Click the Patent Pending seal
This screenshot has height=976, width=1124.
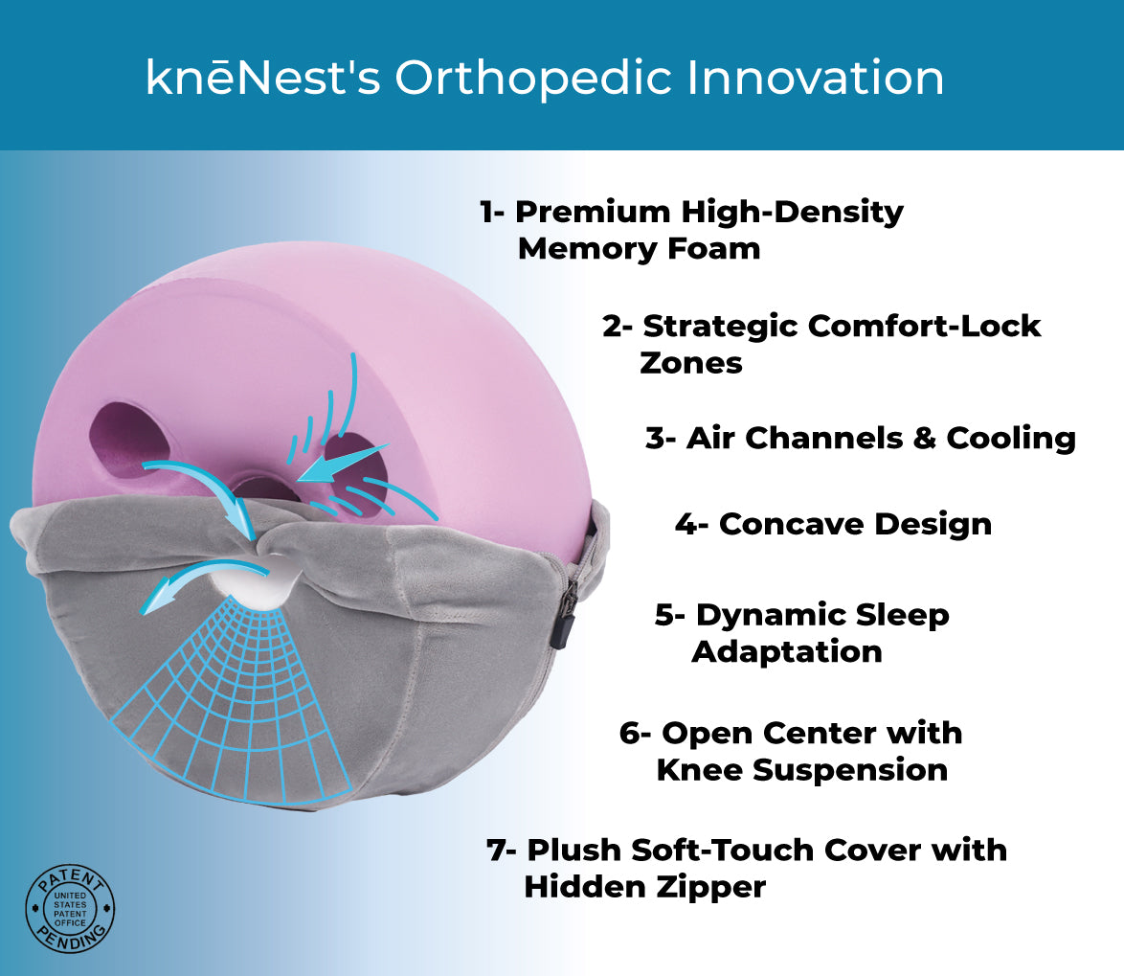point(70,909)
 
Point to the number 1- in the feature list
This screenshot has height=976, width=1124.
point(492,212)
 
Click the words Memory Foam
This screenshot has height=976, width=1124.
point(639,249)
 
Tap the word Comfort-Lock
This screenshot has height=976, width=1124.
point(923,326)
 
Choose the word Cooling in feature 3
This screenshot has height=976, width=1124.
point(1011,438)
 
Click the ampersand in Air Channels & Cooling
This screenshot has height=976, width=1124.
point(924,438)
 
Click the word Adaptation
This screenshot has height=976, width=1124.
point(786,652)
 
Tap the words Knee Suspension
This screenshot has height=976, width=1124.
point(802,771)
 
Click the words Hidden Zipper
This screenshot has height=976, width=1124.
point(644,888)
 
